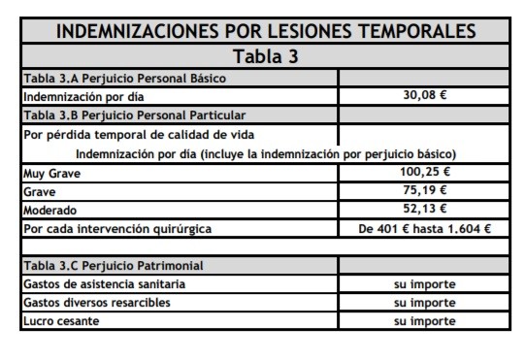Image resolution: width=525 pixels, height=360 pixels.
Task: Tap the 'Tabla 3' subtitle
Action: pos(267,55)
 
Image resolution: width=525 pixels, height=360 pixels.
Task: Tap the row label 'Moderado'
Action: pos(50,210)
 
